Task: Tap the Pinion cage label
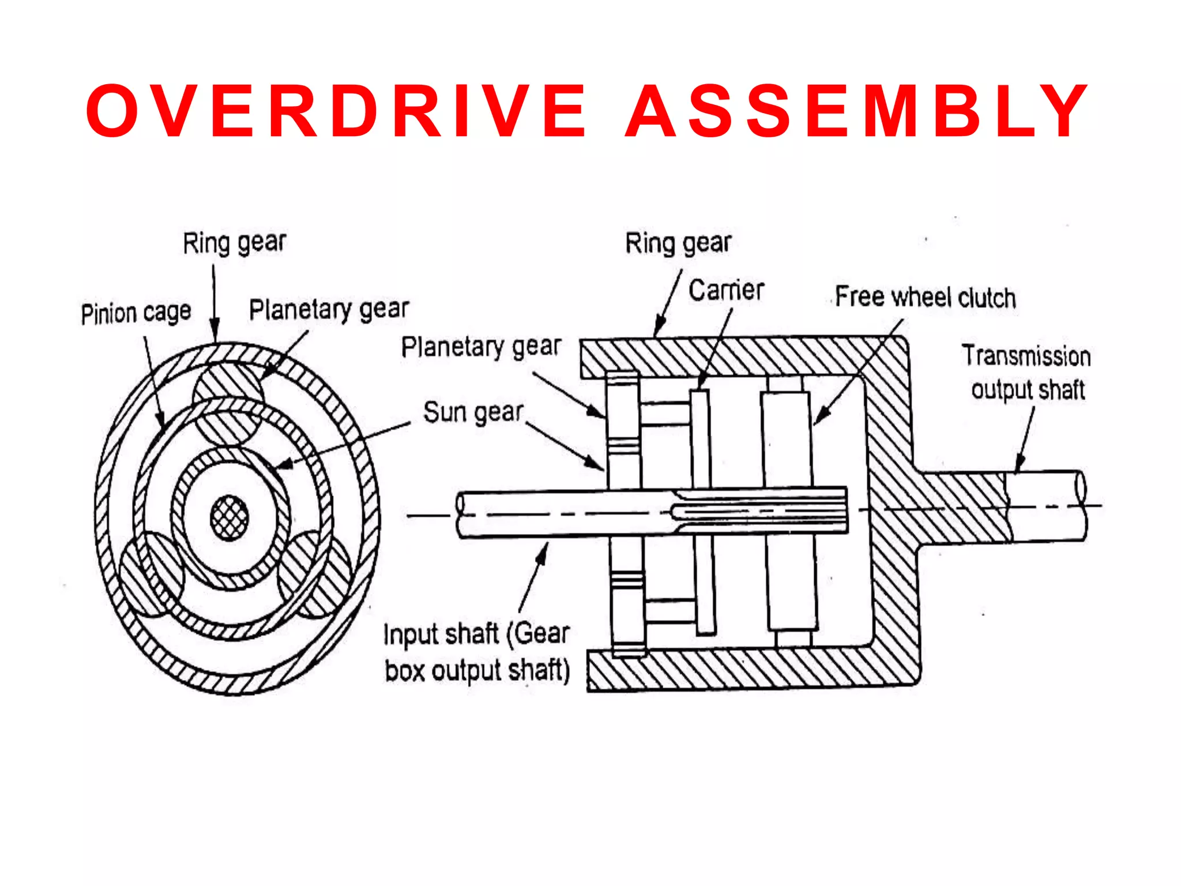[x=136, y=313]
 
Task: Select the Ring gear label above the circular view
[x=234, y=243]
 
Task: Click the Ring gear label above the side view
[x=678, y=243]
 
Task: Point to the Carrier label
[x=726, y=290]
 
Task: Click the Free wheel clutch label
[x=925, y=298]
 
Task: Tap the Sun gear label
[x=473, y=412]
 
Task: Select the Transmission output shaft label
[x=1026, y=373]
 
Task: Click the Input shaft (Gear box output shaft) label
[x=477, y=652]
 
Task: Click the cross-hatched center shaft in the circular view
[x=230, y=517]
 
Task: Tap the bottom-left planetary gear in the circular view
[x=151, y=574]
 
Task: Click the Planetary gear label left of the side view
[x=481, y=347]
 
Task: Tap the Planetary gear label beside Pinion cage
[x=329, y=310]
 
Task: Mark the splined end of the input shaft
[x=761, y=510]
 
